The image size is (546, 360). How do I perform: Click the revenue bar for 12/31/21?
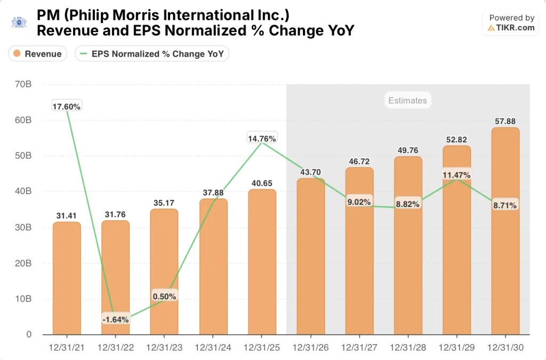point(67,277)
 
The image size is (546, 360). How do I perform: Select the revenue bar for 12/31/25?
point(261,261)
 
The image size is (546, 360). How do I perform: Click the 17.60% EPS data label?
point(67,106)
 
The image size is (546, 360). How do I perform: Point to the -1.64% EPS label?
point(115,319)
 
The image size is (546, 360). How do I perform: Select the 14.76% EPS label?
point(261,139)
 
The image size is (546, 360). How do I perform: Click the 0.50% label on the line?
point(164,297)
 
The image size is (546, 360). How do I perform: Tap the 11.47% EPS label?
point(457,175)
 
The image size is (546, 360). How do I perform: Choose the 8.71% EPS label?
point(505,205)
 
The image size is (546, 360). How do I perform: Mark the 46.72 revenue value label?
point(359,161)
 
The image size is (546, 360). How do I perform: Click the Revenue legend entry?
point(37,53)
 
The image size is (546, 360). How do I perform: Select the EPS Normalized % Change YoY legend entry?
point(152,53)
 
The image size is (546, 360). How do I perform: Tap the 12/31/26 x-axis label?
point(310,347)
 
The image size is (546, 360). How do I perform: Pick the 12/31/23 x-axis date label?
point(164,347)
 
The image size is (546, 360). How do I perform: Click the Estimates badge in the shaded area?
point(407,100)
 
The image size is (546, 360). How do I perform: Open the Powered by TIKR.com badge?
point(511,23)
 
